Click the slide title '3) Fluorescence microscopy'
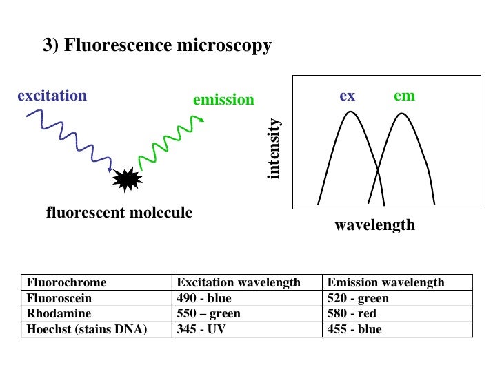tap(157, 46)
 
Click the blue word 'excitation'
tap(52, 96)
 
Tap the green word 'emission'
tap(223, 100)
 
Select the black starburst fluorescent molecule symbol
tap(127, 180)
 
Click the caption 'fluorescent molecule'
tap(119, 213)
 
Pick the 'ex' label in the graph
tap(348, 96)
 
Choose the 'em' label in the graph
tap(404, 96)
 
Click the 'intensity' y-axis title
tap(274, 149)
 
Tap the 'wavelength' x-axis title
tap(374, 225)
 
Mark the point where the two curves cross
tap(376, 169)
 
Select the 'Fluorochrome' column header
tap(66, 282)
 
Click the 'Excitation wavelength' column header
tap(239, 282)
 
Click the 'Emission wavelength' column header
tap(385, 282)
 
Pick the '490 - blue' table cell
tap(204, 298)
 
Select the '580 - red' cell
tap(352, 313)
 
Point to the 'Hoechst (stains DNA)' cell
tap(87, 328)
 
